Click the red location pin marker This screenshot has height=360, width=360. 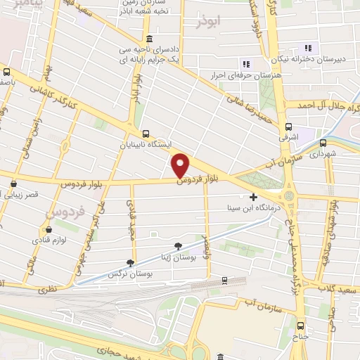click(181, 165)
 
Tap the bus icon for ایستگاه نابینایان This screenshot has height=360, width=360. click(146, 134)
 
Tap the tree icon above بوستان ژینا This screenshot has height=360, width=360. click(176, 245)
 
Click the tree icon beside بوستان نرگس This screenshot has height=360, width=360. click(130, 262)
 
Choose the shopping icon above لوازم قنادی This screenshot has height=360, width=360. click(47, 229)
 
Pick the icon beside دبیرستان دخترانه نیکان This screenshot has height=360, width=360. click(306, 48)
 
